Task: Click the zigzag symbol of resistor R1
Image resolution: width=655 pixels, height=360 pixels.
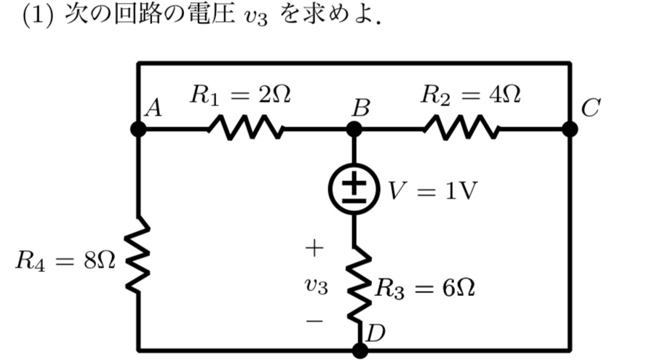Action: pyautogui.click(x=245, y=129)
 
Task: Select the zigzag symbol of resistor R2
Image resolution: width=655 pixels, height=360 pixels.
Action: pyautogui.click(x=461, y=129)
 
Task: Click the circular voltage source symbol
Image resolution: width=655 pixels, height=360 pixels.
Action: pyautogui.click(x=354, y=188)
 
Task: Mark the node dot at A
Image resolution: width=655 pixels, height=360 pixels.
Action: pyautogui.click(x=138, y=129)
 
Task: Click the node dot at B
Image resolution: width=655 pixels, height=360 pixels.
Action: pyautogui.click(x=354, y=129)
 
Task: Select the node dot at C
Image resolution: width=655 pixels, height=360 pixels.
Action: pyautogui.click(x=570, y=129)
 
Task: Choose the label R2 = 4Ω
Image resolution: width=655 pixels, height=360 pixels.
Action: pyautogui.click(x=472, y=95)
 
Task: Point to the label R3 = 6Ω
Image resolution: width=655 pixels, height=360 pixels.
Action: pyautogui.click(x=425, y=289)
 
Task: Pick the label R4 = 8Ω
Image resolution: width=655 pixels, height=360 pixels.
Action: pyautogui.click(x=65, y=261)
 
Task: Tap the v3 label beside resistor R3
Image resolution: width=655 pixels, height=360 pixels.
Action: pyautogui.click(x=316, y=287)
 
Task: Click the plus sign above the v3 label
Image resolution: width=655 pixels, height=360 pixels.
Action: pyautogui.click(x=314, y=249)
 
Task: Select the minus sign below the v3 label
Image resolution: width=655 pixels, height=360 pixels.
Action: pyautogui.click(x=314, y=321)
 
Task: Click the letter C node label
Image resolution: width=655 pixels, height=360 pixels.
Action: pyautogui.click(x=590, y=109)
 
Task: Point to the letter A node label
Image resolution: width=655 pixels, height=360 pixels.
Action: pyautogui.click(x=153, y=109)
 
